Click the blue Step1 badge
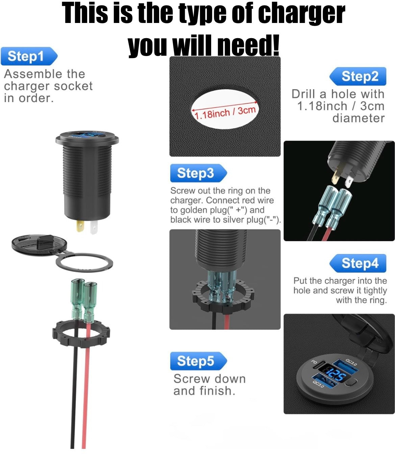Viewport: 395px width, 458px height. pos(29,56)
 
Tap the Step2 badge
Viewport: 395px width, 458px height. pos(358,76)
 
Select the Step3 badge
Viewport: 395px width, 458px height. pos(198,173)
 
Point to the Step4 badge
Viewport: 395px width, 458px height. pos(358,263)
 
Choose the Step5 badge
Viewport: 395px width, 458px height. pos(198,361)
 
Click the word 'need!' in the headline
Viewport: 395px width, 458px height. pos(248,45)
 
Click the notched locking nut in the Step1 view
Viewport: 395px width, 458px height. pos(81,334)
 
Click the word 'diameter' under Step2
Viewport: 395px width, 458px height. pos(359,118)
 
